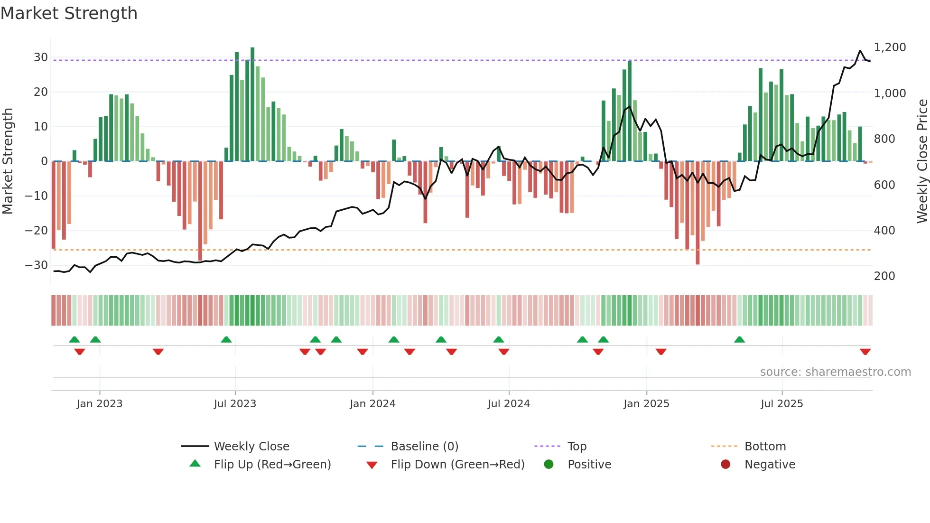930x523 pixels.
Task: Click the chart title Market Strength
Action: (x=69, y=13)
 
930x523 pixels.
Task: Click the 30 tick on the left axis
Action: (x=41, y=57)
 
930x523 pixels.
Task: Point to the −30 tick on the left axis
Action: (x=37, y=265)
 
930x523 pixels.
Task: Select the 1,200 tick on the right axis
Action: (x=890, y=47)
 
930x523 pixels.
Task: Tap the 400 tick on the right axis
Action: (x=884, y=231)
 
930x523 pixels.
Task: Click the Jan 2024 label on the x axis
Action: (x=372, y=404)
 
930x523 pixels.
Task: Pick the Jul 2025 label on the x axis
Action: (x=781, y=404)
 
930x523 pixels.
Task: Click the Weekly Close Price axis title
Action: (x=922, y=161)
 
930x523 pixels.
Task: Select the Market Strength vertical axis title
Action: (x=8, y=161)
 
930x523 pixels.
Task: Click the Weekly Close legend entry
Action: (x=251, y=447)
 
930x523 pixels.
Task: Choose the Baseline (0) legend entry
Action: (x=424, y=447)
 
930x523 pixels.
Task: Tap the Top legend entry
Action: (x=577, y=447)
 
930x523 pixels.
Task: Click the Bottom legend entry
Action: (x=765, y=447)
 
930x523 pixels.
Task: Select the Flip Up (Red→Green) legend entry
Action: (x=272, y=465)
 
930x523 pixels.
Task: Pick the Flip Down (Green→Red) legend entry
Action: (x=457, y=465)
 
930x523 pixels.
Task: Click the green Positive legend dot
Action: (x=549, y=465)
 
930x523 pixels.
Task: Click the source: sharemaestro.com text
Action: (x=835, y=372)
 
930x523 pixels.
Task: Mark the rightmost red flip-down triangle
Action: (x=865, y=351)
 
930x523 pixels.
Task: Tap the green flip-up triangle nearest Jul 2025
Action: (x=739, y=339)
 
